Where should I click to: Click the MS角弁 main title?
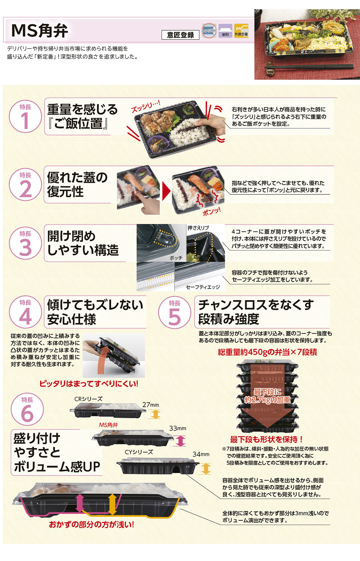point(40,31)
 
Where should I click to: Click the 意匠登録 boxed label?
point(180,35)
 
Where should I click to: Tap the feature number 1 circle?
point(25,116)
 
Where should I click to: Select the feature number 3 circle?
point(25,243)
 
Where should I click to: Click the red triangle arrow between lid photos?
point(166,191)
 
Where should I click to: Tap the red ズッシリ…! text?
point(145,107)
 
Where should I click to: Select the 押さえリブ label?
point(198,228)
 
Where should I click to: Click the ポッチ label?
point(176,258)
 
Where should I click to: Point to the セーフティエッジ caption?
point(203,287)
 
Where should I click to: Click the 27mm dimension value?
point(150,405)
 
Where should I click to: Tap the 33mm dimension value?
point(177,428)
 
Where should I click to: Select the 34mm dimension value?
point(201,454)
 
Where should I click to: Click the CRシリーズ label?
point(88,399)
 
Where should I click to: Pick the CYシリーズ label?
point(139,452)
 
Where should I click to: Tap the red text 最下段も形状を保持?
point(266,439)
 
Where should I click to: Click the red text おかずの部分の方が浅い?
point(91,525)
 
